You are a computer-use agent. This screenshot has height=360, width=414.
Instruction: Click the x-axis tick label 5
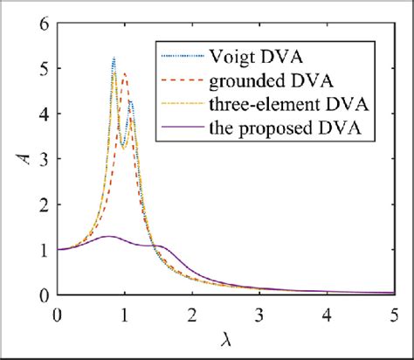(394, 312)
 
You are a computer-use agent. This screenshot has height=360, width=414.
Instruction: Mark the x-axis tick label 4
(327, 312)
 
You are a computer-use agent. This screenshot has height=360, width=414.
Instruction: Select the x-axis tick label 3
(259, 312)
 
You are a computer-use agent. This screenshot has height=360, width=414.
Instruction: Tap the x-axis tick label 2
(192, 312)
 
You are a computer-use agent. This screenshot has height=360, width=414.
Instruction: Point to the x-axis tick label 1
(125, 312)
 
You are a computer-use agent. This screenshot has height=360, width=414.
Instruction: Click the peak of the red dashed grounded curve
(124, 73)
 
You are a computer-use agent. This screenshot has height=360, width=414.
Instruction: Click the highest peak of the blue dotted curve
(114, 58)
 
